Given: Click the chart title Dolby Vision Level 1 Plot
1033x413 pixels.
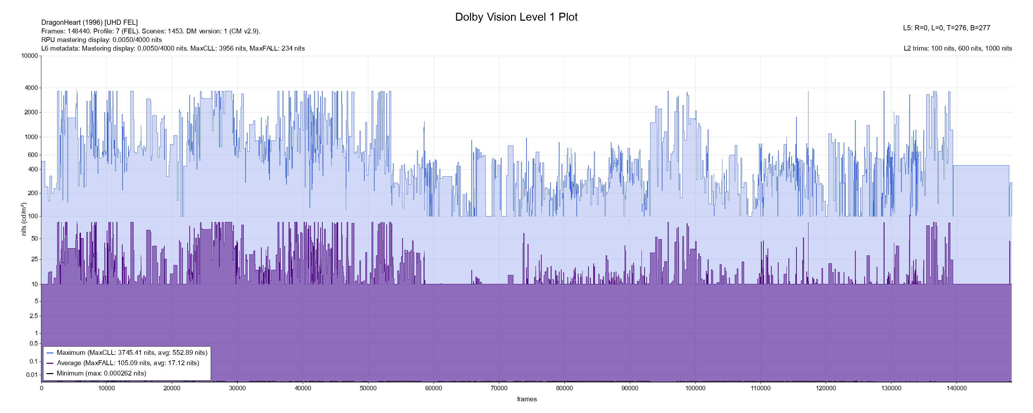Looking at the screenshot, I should [516, 17].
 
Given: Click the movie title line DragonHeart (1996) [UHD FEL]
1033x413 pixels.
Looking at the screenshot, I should [90, 22].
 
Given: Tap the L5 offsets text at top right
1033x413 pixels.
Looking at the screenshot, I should [946, 28].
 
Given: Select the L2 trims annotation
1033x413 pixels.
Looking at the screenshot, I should [958, 49].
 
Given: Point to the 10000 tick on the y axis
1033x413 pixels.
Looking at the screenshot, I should [30, 56].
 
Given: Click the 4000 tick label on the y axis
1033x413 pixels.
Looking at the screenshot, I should [31, 88].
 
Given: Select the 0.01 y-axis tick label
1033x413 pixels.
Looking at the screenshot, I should [32, 375].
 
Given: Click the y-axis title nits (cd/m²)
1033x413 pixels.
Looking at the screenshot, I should [24, 219].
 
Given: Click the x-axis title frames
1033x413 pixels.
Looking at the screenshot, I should [526, 399].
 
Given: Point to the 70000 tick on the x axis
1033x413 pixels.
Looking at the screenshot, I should [499, 388].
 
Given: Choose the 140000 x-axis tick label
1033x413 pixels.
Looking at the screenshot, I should [957, 388].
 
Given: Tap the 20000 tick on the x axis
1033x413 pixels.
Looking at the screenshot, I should [172, 388].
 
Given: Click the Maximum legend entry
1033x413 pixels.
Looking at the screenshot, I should [132, 353].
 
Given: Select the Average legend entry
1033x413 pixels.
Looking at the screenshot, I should [127, 363].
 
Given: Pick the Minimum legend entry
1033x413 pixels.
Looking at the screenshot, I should [101, 373].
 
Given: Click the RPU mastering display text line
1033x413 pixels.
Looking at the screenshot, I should [102, 40].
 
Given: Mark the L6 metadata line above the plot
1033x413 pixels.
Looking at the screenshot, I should [173, 49].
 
